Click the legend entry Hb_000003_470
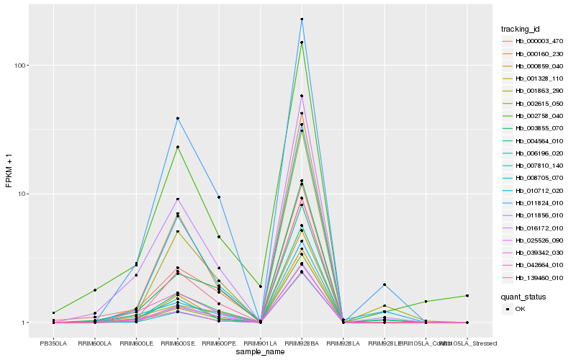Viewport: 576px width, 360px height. coord(534,41)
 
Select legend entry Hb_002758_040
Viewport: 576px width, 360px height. coord(534,116)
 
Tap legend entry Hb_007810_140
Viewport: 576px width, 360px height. coord(534,166)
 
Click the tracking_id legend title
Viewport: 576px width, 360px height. coord(521,29)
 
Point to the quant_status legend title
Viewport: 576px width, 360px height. coord(523,296)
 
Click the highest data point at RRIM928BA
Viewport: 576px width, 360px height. coord(302,19)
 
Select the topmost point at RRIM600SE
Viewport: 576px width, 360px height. coord(177,118)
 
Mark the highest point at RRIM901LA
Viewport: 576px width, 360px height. coord(260,287)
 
